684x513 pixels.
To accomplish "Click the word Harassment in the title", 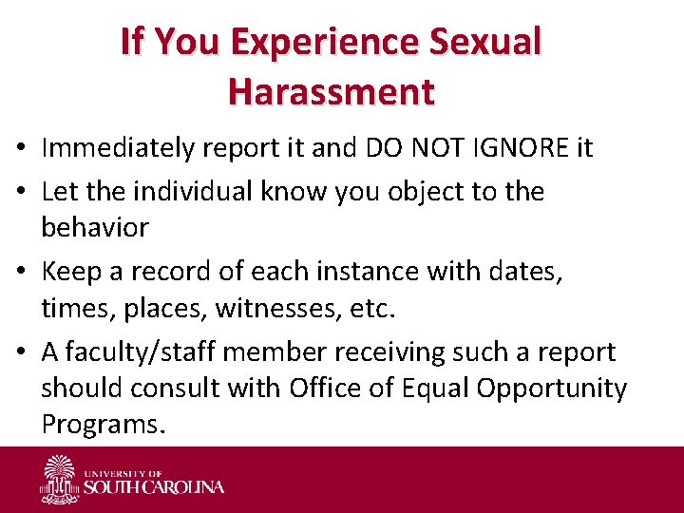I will [331, 91].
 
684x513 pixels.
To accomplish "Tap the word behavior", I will [95, 228].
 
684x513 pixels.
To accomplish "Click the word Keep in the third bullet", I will [72, 273].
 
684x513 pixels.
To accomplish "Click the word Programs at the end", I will [103, 425].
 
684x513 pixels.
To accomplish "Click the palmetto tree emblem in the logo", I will [59, 477].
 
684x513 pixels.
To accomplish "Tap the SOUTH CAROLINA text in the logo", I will [153, 487].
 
